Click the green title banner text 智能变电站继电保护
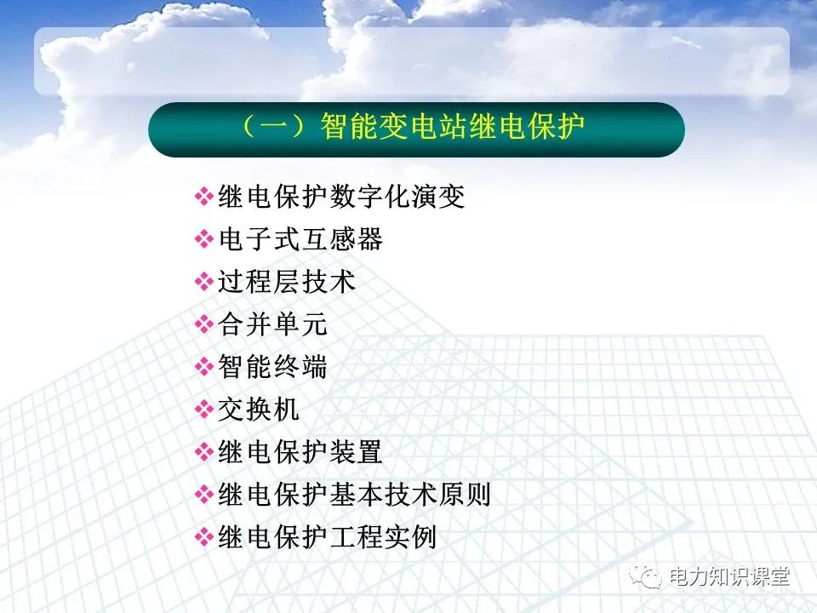point(452,129)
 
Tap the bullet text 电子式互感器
point(300,240)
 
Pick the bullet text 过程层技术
point(287,282)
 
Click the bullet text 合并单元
point(273,324)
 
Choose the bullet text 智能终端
point(273,367)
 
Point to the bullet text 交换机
point(260,410)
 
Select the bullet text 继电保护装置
point(300,452)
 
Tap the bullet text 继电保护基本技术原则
point(355,495)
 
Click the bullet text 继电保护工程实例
point(328,537)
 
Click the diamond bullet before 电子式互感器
point(204,240)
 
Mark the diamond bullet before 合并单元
point(204,324)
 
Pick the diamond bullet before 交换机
point(204,410)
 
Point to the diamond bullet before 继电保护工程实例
point(204,537)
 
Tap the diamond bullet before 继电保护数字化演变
point(204,198)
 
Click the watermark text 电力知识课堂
point(730,576)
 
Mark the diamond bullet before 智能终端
point(204,367)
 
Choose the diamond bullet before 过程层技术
point(204,282)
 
